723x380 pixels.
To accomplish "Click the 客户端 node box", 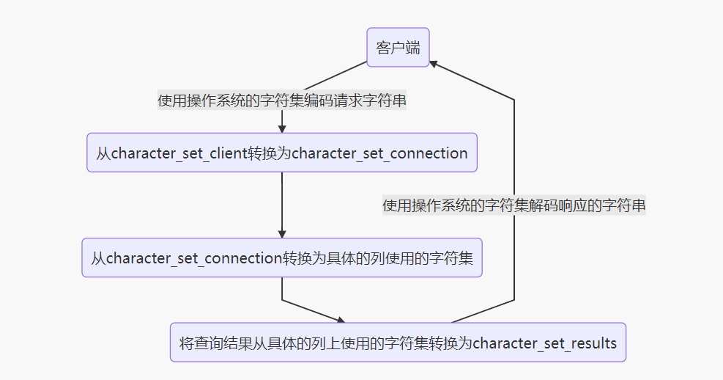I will pos(398,48).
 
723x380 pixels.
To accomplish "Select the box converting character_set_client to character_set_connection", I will pos(282,153).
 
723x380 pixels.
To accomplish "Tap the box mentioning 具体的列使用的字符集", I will pos(282,257).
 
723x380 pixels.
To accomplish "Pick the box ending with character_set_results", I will pos(398,343).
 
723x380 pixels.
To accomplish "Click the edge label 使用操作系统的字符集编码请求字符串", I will pos(282,101).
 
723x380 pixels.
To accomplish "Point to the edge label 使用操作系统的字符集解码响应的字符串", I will pos(514,205).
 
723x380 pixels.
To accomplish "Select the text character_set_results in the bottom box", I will pos(545,343).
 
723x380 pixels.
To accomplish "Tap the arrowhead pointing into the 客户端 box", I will pos(435,65).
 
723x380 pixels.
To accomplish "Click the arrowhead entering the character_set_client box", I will pos(282,128).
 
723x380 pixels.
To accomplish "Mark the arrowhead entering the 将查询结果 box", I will pos(339,319).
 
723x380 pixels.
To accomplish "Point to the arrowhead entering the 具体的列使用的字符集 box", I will pos(282,233).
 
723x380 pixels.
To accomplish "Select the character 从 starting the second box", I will pos(103,153).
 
